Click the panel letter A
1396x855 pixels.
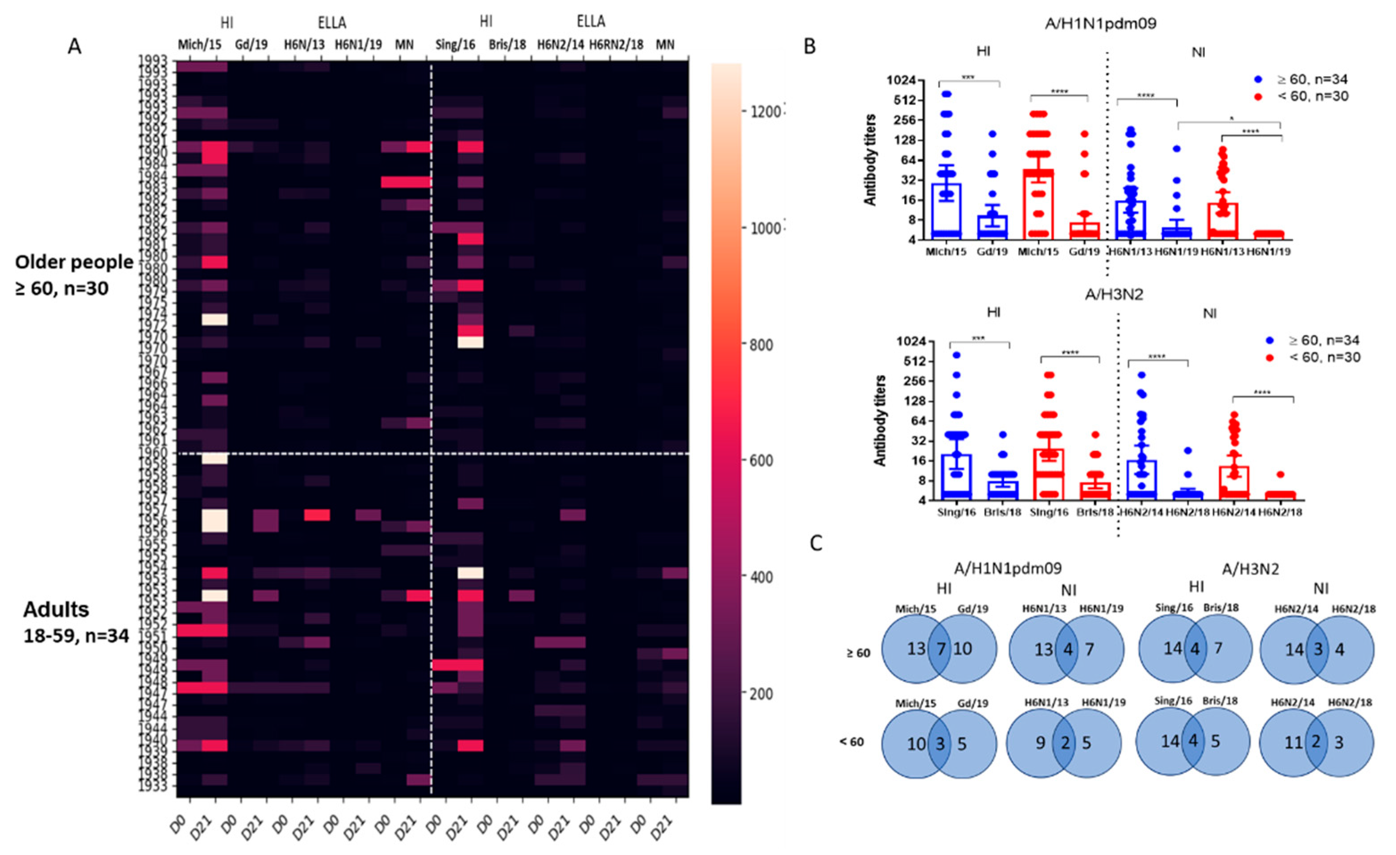pyautogui.click(x=74, y=46)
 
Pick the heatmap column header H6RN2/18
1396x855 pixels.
pyautogui.click(x=616, y=44)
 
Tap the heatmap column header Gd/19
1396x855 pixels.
pyautogui.click(x=251, y=44)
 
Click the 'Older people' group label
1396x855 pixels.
pyautogui.click(x=74, y=262)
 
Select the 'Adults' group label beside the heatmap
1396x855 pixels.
pyautogui.click(x=56, y=610)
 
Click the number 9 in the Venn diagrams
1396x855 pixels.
pyautogui.click(x=1040, y=742)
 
